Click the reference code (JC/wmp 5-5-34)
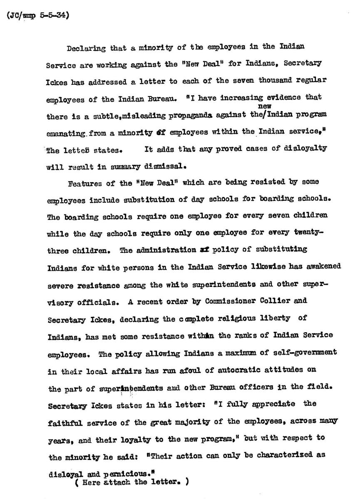tap(38, 16)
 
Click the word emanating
tap(66, 133)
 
